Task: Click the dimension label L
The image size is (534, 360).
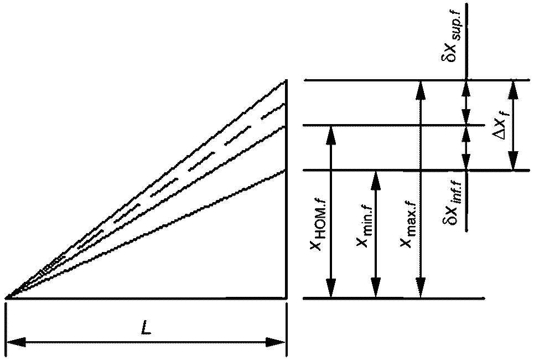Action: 146,328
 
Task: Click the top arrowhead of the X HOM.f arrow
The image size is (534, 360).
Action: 331,131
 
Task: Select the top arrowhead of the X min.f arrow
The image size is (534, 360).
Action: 375,176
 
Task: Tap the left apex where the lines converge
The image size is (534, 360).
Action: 7,298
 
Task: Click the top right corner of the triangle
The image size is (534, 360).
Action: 286,81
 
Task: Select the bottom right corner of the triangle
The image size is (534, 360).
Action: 286,298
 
